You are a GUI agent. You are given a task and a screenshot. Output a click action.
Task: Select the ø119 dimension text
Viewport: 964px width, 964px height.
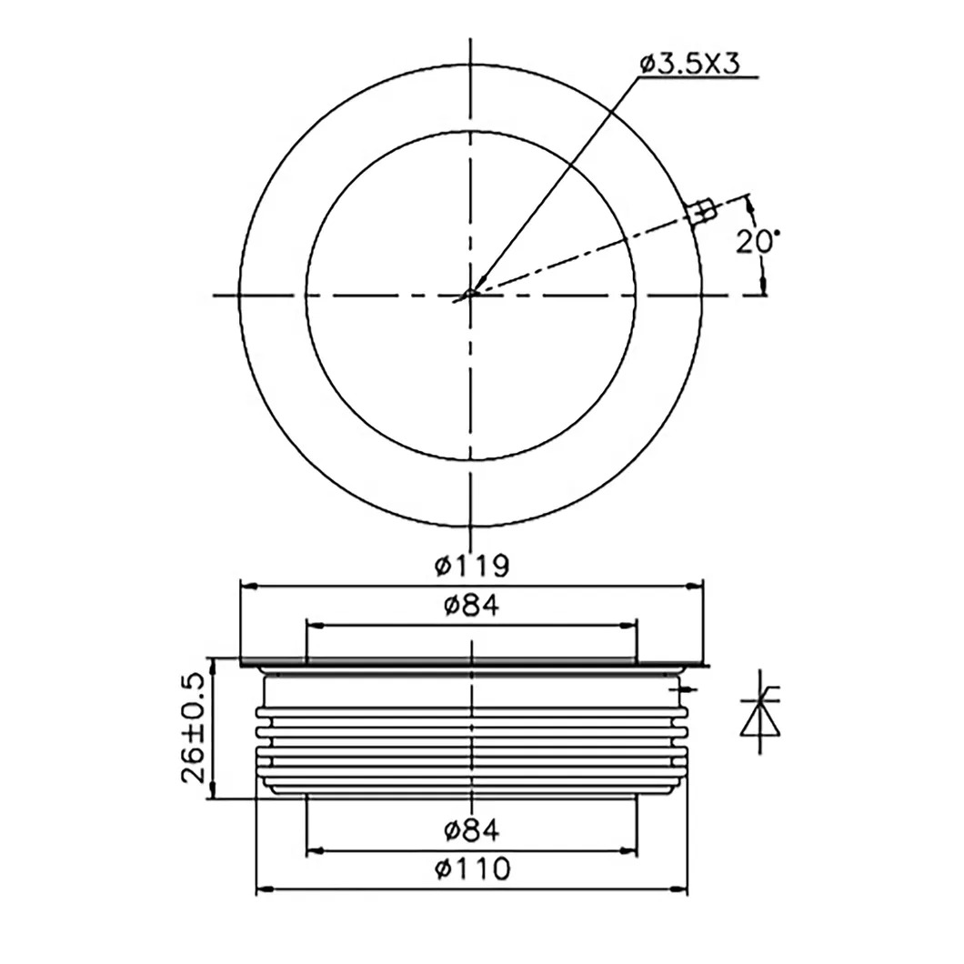[x=471, y=566]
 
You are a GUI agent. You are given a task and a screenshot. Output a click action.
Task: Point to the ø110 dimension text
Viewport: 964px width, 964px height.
[x=471, y=869]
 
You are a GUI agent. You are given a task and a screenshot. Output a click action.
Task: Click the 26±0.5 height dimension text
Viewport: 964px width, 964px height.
[x=191, y=728]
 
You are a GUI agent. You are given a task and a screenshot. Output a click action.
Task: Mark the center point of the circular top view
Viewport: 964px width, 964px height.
[x=469, y=295]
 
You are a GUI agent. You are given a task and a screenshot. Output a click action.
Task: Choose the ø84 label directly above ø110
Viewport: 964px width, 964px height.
[x=471, y=829]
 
